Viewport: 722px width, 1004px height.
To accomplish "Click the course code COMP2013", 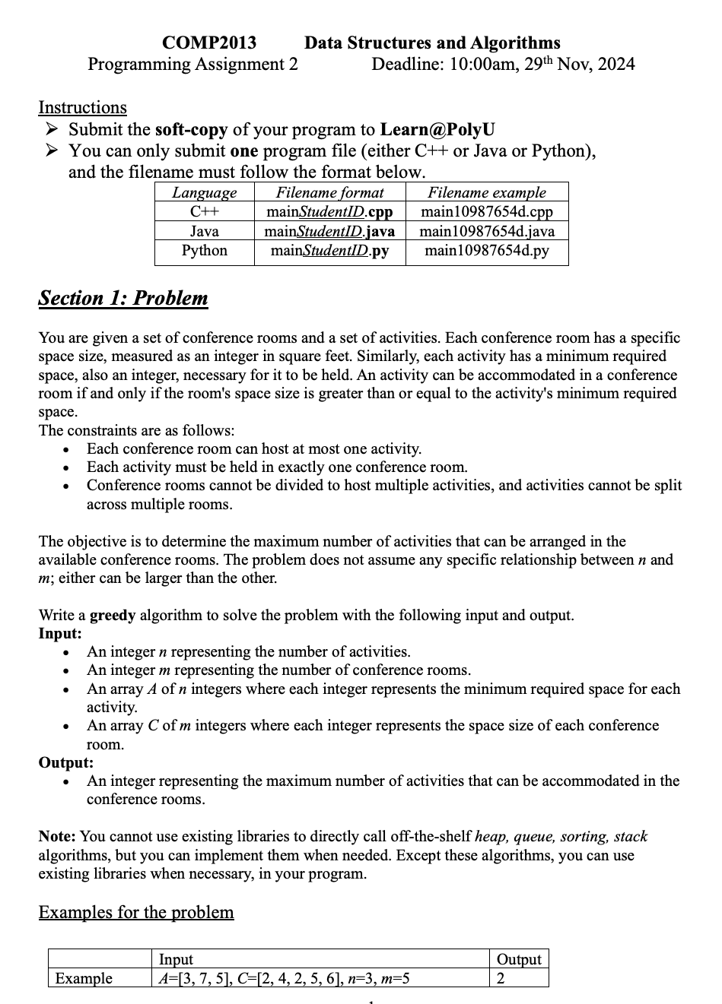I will click(209, 43).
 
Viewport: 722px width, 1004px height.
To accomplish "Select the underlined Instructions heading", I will click(82, 108).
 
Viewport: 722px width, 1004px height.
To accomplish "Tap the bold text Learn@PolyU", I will click(437, 129).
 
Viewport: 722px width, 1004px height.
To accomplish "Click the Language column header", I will click(204, 193).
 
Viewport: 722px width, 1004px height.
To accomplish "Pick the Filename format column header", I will click(329, 193).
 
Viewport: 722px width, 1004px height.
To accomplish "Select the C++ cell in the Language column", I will click(204, 212).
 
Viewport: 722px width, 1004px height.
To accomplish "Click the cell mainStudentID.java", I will click(329, 231).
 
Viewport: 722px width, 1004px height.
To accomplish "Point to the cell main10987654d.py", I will click(486, 250).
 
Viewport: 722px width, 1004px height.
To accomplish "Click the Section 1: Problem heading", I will click(123, 298).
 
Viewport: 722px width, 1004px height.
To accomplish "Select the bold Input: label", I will click(60, 633).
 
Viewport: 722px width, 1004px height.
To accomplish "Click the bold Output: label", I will click(66, 762).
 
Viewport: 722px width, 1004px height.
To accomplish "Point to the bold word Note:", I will click(57, 836).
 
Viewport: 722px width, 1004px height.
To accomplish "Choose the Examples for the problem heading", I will click(136, 912).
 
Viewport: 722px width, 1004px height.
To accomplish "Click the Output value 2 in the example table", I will click(501, 978).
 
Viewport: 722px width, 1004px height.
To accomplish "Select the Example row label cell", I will click(84, 978).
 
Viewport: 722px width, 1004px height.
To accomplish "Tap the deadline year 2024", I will click(615, 64).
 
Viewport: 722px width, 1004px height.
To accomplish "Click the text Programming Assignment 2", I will click(192, 64).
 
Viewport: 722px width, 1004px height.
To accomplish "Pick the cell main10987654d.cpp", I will click(486, 212).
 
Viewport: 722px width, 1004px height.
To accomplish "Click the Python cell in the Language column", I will click(204, 250).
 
